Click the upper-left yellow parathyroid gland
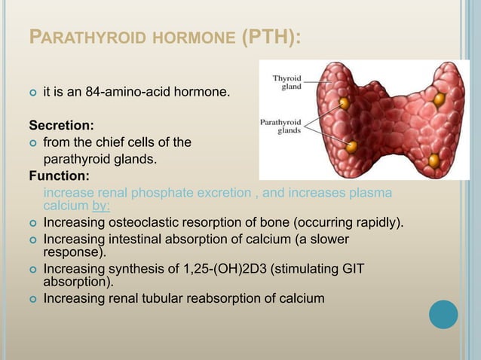click(x=344, y=103)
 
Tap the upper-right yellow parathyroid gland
click(x=439, y=98)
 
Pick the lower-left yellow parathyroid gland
click(x=350, y=148)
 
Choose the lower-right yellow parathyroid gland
click(x=434, y=160)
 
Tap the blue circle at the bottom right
click(x=443, y=314)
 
